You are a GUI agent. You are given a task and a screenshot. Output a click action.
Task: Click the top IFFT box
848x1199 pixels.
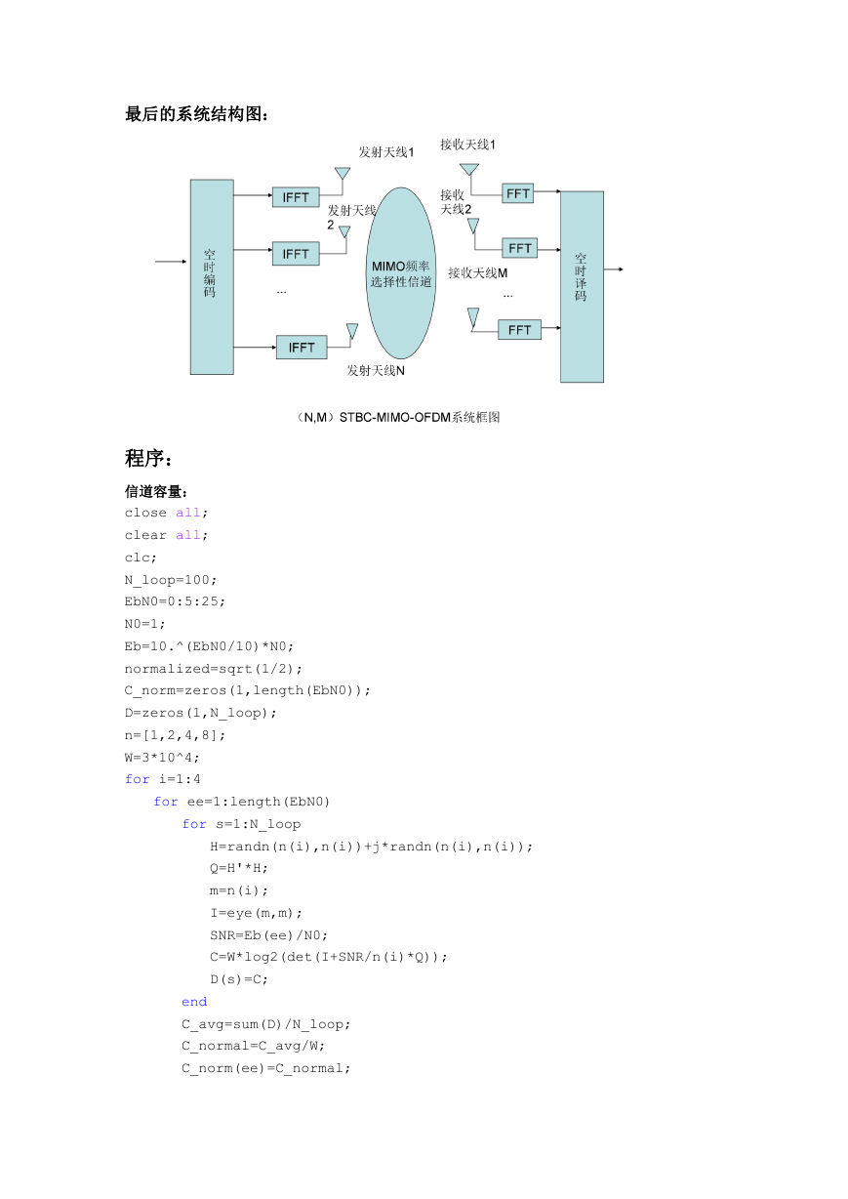(296, 197)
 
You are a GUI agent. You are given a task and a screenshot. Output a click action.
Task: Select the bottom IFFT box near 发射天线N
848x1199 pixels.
(302, 348)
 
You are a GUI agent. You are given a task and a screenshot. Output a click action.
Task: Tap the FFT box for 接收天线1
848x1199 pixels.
(518, 193)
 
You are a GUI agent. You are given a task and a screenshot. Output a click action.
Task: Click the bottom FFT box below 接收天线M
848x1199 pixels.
(519, 330)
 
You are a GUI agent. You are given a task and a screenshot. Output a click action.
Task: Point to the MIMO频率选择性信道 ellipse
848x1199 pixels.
(401, 273)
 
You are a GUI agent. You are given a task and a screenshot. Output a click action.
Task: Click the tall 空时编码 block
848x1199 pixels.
(212, 276)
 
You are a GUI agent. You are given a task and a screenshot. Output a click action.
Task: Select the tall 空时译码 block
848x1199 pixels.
(583, 286)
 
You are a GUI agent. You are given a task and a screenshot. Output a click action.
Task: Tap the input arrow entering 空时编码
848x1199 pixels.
(171, 262)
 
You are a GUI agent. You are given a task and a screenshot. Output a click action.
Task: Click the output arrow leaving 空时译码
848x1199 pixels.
(614, 269)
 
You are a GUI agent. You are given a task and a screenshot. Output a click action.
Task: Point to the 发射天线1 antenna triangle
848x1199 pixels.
(343, 173)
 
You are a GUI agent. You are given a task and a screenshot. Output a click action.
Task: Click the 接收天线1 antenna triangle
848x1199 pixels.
(469, 169)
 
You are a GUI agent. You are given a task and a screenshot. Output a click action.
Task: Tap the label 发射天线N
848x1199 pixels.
(376, 370)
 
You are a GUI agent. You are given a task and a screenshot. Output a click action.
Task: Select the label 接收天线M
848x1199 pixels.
(478, 273)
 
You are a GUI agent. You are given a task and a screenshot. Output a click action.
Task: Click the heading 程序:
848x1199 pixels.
(148, 458)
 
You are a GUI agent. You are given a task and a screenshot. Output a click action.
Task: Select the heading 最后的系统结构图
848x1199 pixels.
(196, 114)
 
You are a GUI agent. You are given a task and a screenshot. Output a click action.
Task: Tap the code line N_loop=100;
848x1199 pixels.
(170, 580)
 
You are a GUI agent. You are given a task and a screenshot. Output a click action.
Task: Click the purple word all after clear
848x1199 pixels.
(188, 535)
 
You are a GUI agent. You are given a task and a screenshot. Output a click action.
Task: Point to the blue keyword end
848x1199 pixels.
(194, 1002)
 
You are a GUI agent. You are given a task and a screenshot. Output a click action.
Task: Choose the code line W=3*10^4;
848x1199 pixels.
(162, 758)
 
